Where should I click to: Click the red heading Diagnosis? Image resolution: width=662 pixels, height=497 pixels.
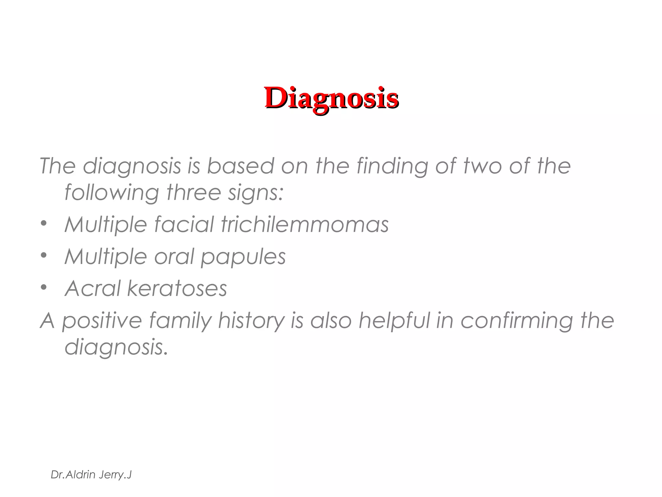pyautogui.click(x=332, y=98)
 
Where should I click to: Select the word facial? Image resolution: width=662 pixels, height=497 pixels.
pyautogui.click(x=184, y=224)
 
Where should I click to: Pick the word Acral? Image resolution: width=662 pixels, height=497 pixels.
pyautogui.click(x=92, y=288)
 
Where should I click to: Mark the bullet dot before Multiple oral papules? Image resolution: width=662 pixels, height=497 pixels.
pyautogui.click(x=44, y=255)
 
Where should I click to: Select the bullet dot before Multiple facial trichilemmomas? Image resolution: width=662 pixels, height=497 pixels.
pyautogui.click(x=44, y=223)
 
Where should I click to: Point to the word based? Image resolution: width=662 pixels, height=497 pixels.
pyautogui.click(x=240, y=166)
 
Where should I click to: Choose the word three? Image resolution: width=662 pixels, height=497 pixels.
pyautogui.click(x=194, y=193)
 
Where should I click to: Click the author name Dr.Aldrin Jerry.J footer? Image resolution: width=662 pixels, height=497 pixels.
pyautogui.click(x=91, y=475)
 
